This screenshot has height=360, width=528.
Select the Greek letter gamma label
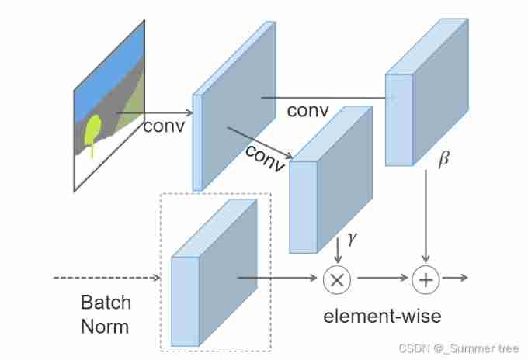pyautogui.click(x=353, y=240)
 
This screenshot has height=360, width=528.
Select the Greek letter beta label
pyautogui.click(x=443, y=161)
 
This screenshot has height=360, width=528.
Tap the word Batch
pyautogui.click(x=106, y=302)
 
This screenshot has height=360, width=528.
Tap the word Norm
pyautogui.click(x=106, y=326)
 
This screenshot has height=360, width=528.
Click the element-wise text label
pyautogui.click(x=382, y=316)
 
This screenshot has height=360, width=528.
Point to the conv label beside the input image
pyautogui.click(x=164, y=125)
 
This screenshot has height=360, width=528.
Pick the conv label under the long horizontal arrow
pyautogui.click(x=308, y=110)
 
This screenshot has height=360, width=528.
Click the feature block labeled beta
pyautogui.click(x=427, y=101)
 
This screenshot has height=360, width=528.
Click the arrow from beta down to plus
pyautogui.click(x=426, y=217)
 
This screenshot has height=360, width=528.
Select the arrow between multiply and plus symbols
pyautogui.click(x=380, y=278)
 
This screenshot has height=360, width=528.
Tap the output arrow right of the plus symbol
pyautogui.click(x=455, y=278)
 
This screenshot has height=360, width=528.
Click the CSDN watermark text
pyautogui.click(x=458, y=349)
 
